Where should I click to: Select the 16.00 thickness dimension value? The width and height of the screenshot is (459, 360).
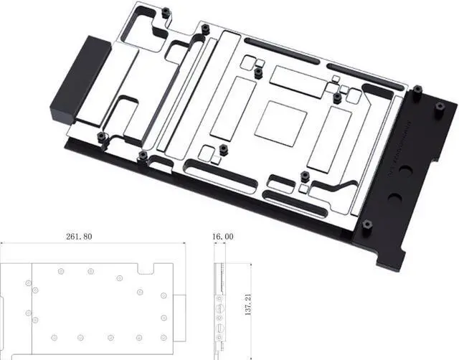[x=223, y=236]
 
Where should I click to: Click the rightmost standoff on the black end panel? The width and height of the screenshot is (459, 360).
[x=441, y=108]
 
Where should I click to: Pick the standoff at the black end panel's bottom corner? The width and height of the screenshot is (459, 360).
[x=368, y=226]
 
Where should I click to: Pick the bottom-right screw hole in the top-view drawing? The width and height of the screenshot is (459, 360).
[x=164, y=336]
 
